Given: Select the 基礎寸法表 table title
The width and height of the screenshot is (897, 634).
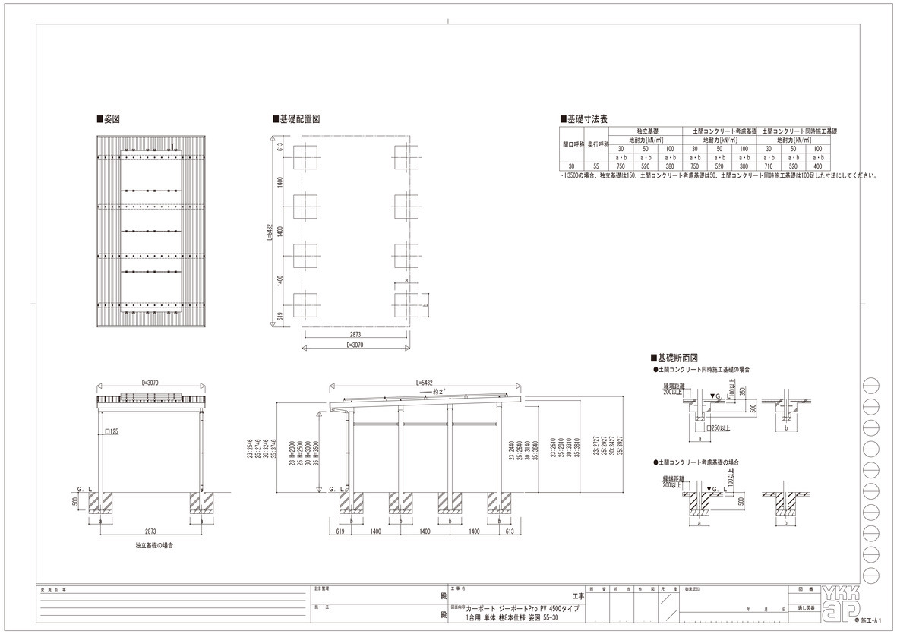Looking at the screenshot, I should click(x=586, y=119).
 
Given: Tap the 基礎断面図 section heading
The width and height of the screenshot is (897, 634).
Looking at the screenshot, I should click(x=676, y=357).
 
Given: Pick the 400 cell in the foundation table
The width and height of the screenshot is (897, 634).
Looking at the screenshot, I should click(x=817, y=166).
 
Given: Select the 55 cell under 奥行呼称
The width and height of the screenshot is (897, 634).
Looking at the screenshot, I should click(x=596, y=166).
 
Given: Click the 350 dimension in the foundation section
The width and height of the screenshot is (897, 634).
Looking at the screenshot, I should click(x=744, y=393).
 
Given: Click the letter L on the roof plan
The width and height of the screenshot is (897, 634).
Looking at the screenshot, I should click(x=173, y=146).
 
